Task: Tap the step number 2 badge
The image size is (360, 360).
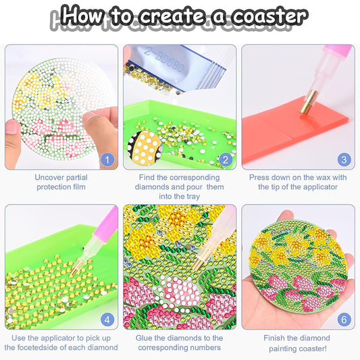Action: tap(226, 160)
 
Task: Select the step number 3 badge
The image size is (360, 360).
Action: tap(344, 160)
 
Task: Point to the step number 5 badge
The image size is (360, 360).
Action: tap(226, 320)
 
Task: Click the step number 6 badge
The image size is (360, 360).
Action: tap(344, 320)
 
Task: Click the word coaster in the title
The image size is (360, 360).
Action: tap(267, 15)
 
